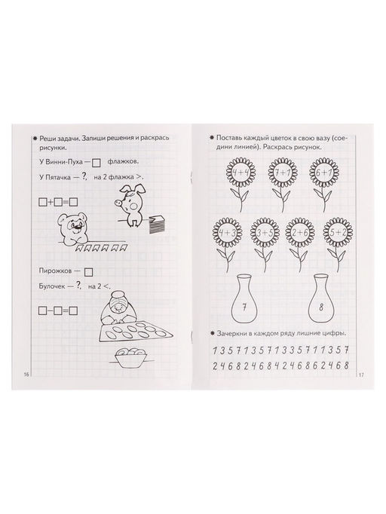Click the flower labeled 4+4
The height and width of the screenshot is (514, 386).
[240, 173]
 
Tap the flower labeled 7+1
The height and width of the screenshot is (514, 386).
[283, 173]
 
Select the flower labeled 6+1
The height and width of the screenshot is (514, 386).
[324, 173]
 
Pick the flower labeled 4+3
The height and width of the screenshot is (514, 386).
[227, 233]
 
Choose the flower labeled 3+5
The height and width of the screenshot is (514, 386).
[265, 233]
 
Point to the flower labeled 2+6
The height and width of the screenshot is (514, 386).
[300, 233]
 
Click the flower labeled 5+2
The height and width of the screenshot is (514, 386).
[338, 233]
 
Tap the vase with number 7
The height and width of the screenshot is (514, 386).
[244, 298]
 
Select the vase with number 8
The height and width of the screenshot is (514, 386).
[321, 298]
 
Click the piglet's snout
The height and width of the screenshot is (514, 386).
[118, 203]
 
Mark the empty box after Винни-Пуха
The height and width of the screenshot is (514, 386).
[96, 163]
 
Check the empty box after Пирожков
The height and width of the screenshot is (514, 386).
[88, 272]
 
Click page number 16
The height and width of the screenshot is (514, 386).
[26, 375]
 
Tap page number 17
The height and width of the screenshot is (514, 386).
[361, 375]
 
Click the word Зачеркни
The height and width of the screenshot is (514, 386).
[231, 334]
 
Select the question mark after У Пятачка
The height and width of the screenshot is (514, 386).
[84, 176]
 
